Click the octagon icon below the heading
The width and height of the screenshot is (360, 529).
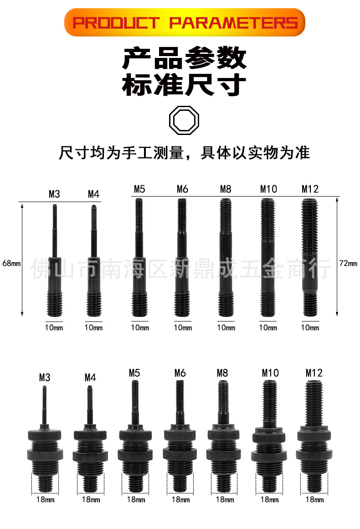185,121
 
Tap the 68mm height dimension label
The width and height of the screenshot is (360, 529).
11,263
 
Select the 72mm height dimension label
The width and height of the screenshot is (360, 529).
349,263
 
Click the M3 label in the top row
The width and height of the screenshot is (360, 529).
54,194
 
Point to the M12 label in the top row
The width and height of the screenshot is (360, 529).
310,189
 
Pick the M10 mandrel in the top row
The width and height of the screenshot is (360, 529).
267,258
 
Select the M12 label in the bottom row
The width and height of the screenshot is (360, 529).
314,373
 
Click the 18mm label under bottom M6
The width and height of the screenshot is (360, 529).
180,500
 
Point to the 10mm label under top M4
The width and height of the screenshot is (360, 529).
93,327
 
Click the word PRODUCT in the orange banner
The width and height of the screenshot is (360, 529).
116,23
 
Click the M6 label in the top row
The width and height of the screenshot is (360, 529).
182,189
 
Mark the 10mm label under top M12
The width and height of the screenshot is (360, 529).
310,327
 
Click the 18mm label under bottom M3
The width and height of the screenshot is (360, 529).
45,500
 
